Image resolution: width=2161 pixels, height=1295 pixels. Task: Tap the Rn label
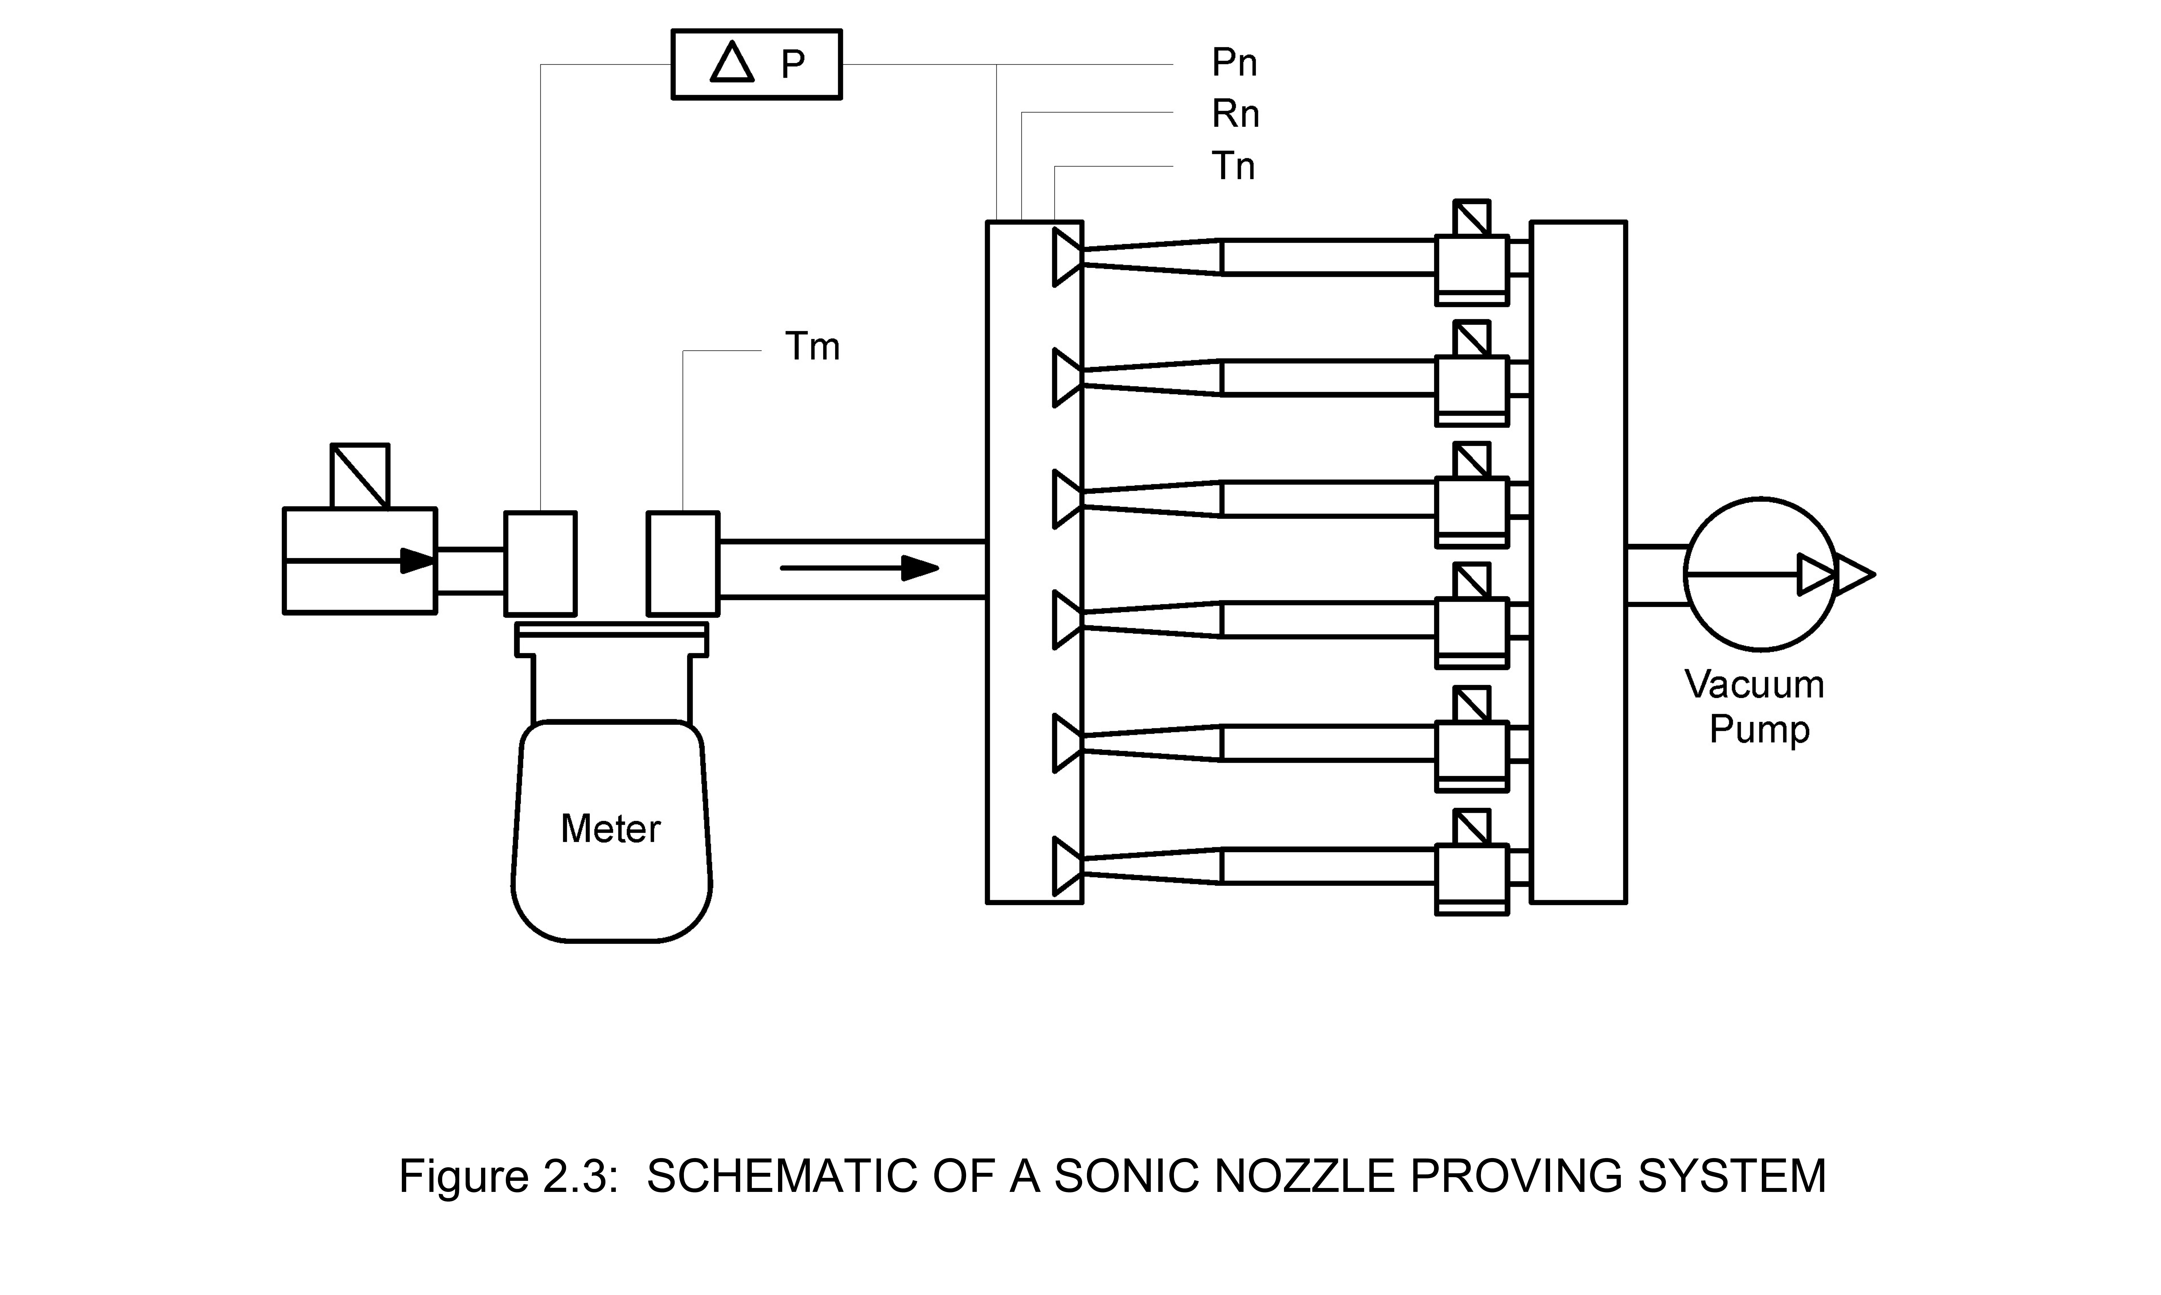click(x=1235, y=114)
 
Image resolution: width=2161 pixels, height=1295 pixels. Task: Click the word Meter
click(x=610, y=829)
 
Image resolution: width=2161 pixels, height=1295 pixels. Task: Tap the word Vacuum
click(x=1754, y=685)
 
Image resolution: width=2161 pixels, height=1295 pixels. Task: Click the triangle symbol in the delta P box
click(x=731, y=63)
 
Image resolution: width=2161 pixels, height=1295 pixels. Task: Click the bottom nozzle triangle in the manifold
click(x=1066, y=866)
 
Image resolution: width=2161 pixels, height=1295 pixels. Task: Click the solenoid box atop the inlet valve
click(x=360, y=476)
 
